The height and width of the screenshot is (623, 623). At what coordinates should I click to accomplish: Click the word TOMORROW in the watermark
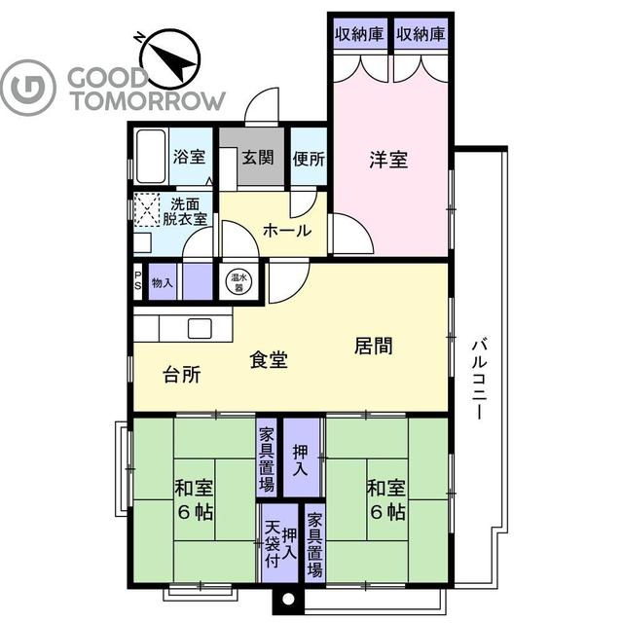pos(146,100)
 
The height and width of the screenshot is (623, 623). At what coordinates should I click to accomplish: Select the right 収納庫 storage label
pos(421,33)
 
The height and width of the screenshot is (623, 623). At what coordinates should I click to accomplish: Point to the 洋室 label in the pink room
pos(387,161)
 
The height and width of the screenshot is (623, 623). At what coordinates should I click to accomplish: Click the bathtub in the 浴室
pos(150,157)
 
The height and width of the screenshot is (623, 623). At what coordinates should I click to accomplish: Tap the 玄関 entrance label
pos(258,157)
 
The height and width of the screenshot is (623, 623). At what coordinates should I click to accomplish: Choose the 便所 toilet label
pos(309,157)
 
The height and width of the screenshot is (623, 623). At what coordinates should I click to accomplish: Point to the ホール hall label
pos(287,231)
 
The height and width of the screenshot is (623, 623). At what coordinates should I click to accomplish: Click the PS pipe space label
pos(137,281)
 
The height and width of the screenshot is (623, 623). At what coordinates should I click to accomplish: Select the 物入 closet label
pos(164,282)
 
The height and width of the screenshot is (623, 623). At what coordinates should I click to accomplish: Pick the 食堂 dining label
pos(269,360)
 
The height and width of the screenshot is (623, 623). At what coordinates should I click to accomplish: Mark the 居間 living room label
pos(373,346)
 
